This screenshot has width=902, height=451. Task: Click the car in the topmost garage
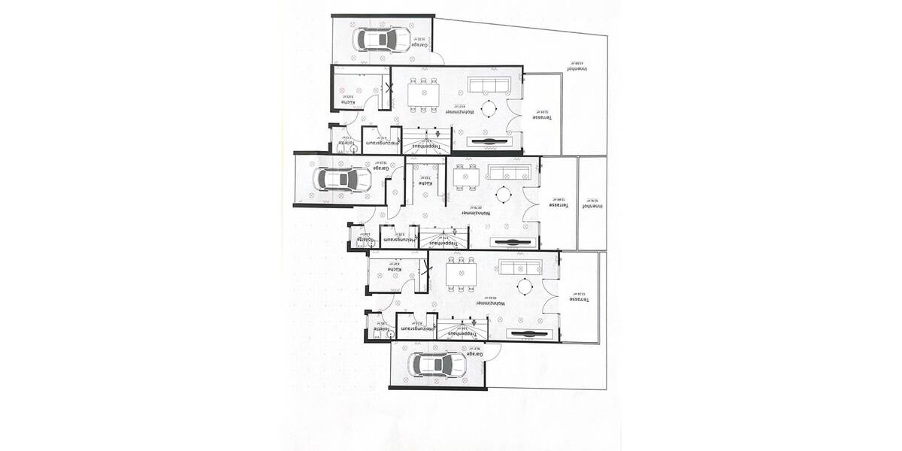tap(383, 39)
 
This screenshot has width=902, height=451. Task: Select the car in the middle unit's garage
tap(342, 179)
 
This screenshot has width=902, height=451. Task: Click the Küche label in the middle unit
tap(425, 183)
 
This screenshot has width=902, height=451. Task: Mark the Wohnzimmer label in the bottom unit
tap(490, 304)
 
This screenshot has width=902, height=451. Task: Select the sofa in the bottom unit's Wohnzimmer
tap(519, 268)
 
